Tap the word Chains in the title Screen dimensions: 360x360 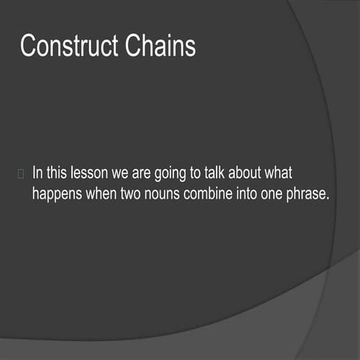coord(159,46)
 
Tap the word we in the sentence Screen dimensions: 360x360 coord(121,173)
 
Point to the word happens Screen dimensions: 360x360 coord(57,193)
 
